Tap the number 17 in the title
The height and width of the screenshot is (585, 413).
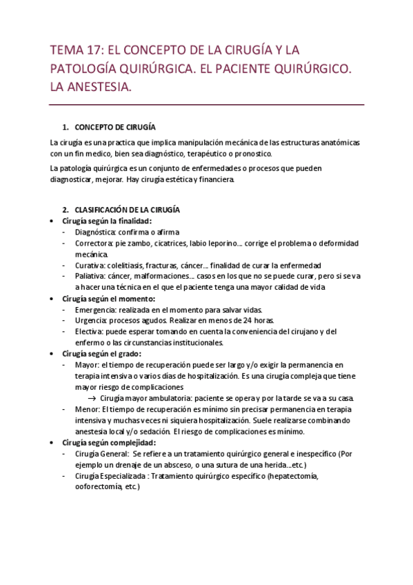(89, 50)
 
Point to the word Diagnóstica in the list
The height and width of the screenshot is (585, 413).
(96, 232)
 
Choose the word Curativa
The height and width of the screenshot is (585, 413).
(92, 266)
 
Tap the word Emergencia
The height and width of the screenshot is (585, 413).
(96, 310)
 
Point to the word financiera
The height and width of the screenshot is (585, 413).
(217, 179)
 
